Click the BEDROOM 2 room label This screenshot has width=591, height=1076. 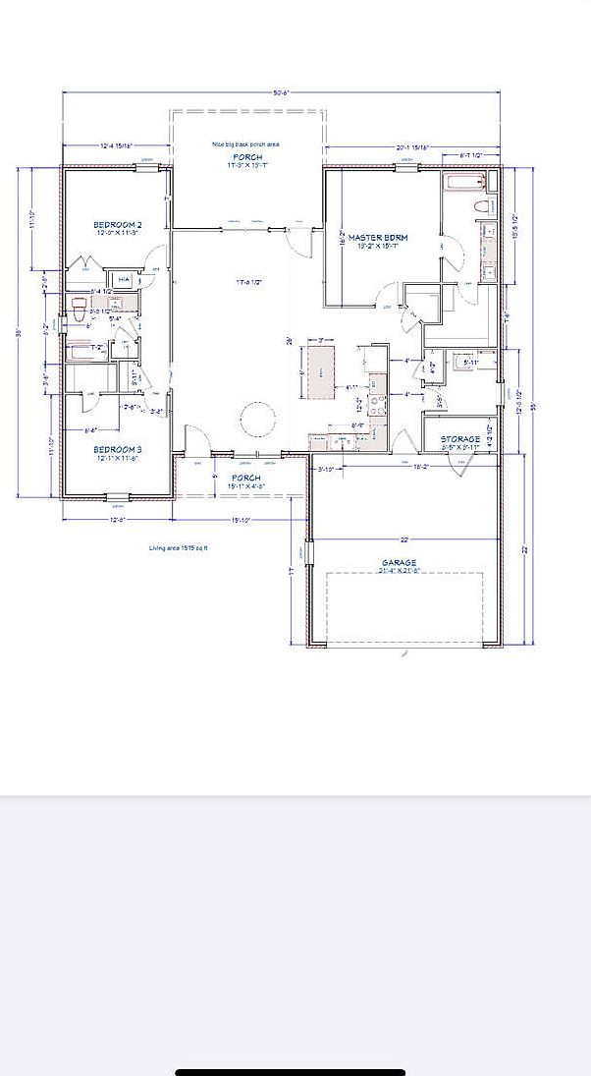(118, 225)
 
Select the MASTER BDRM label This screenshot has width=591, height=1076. (378, 238)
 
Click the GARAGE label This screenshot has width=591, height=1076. (400, 564)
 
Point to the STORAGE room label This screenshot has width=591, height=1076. (460, 439)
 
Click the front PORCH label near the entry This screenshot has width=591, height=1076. (246, 478)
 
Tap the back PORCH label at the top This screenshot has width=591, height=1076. (246, 157)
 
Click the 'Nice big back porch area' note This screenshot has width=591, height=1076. (246, 144)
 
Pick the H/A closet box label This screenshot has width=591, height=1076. (124, 280)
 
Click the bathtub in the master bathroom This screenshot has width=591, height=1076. (465, 182)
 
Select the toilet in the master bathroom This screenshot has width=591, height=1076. (481, 206)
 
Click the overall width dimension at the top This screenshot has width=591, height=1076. (282, 93)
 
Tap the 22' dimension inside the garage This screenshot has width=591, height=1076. (403, 538)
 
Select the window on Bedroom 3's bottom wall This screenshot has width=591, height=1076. (117, 496)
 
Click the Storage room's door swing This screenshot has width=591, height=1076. (455, 467)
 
